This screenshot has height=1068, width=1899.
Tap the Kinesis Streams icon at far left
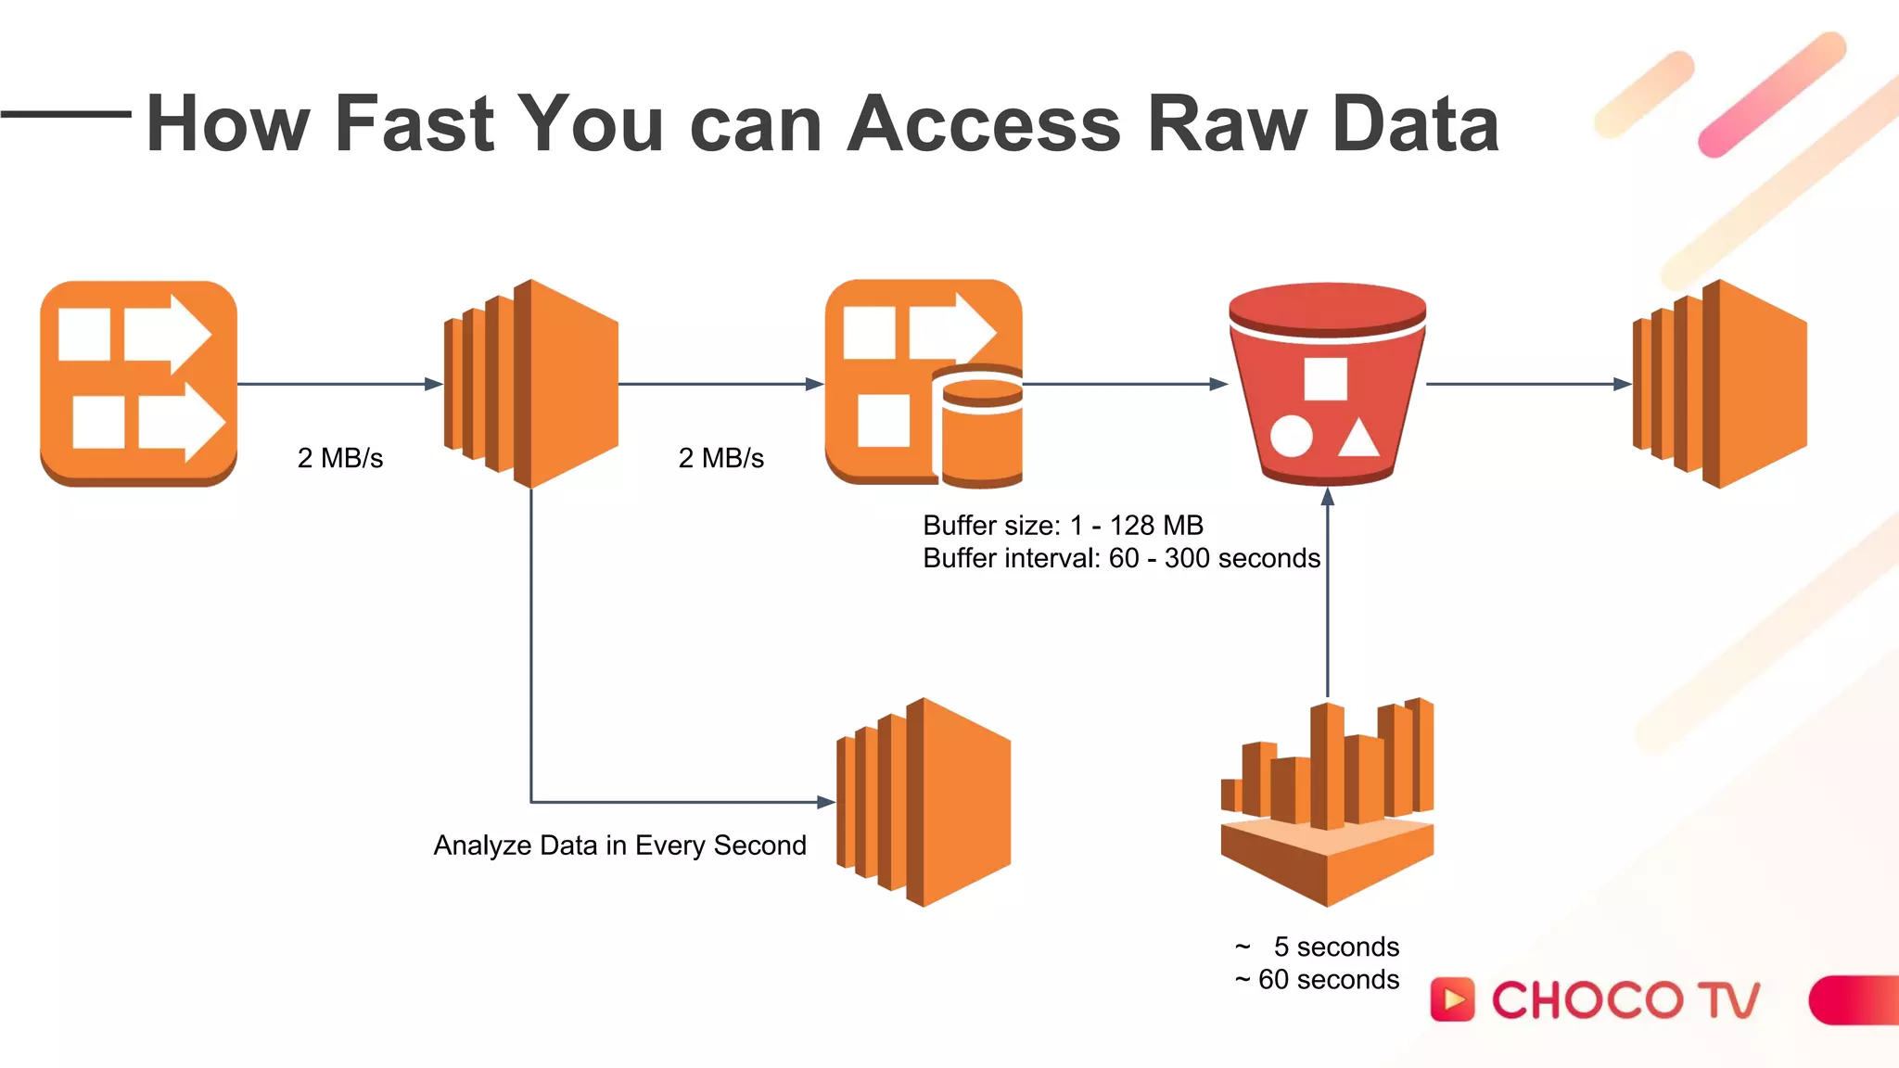coord(138,383)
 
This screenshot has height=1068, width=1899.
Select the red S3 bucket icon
coord(1327,383)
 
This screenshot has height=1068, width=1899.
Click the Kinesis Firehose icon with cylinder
coord(924,383)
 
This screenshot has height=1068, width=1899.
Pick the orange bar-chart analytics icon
coord(1327,802)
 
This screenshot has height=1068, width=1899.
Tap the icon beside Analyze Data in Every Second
coord(924,802)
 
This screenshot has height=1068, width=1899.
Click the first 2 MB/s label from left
coord(339,458)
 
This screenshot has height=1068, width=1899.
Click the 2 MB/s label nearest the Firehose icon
coord(720,458)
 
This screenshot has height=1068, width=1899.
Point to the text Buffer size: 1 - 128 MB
coord(1063,526)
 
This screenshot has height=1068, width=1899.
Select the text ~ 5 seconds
coord(1317,947)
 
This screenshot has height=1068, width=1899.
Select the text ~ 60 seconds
coord(1317,979)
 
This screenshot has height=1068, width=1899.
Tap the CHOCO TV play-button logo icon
coord(1452,999)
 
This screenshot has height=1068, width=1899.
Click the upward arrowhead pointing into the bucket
coord(1327,497)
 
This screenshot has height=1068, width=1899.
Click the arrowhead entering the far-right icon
coord(1622,384)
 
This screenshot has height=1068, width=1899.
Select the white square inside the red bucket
coord(1325,378)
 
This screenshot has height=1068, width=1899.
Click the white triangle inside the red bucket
coord(1358,439)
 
